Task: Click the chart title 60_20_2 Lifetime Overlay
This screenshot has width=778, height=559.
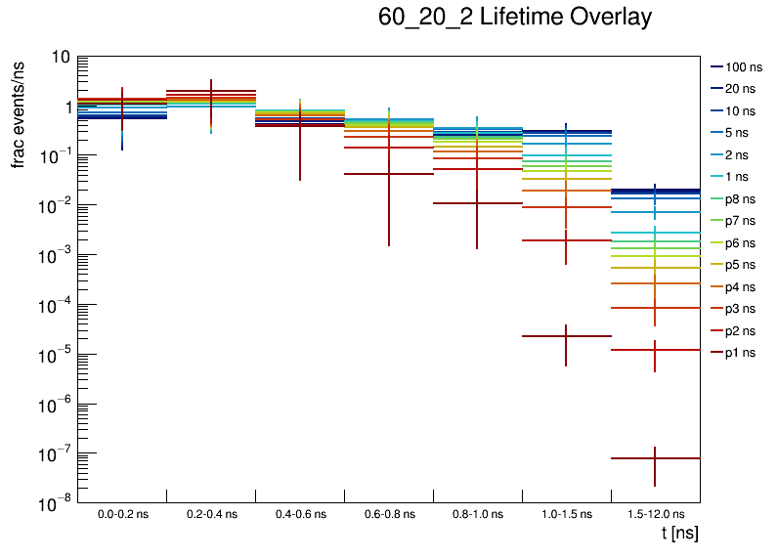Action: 514,19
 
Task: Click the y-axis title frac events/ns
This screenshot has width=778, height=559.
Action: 19,111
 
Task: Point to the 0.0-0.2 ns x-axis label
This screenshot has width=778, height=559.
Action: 122,514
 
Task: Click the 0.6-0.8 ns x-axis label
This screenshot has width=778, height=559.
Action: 388,514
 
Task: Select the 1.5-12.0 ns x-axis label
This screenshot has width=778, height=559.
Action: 655,514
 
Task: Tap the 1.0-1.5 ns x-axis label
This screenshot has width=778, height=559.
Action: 566,514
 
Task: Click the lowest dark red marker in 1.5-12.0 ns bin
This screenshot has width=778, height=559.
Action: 655,458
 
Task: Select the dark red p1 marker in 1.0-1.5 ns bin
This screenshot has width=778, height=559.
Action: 566,336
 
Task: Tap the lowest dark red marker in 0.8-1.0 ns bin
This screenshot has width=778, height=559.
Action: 477,203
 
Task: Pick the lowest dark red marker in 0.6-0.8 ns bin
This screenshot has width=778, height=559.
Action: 388,174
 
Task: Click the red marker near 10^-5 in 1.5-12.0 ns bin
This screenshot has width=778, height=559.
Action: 655,350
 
